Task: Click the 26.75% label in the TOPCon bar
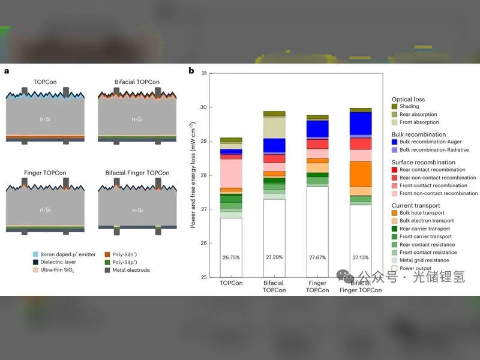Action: pos(231,257)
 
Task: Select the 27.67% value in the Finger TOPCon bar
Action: pos(317,257)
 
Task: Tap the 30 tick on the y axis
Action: pos(203,107)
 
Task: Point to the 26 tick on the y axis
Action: pos(203,243)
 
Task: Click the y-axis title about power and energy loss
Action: pos(193,175)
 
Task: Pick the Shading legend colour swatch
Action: pos(395,107)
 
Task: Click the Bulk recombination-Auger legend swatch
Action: pos(395,142)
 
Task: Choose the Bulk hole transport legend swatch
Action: pos(395,213)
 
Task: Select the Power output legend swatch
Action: pos(395,268)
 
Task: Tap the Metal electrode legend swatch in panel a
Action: pos(107,270)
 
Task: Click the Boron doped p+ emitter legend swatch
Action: pos(35,254)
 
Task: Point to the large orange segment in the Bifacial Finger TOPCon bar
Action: pos(361,174)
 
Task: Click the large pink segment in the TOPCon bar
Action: pos(231,173)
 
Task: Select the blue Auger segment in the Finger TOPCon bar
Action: pos(317,129)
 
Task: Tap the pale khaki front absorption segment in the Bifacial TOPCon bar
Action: pos(274,128)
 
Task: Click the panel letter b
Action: pos(191,71)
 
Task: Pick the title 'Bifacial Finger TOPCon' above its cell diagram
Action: pos(137,173)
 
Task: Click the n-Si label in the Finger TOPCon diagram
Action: pos(45,210)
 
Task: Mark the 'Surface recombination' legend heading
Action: pos(424,162)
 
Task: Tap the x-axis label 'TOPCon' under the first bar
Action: pos(231,283)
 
